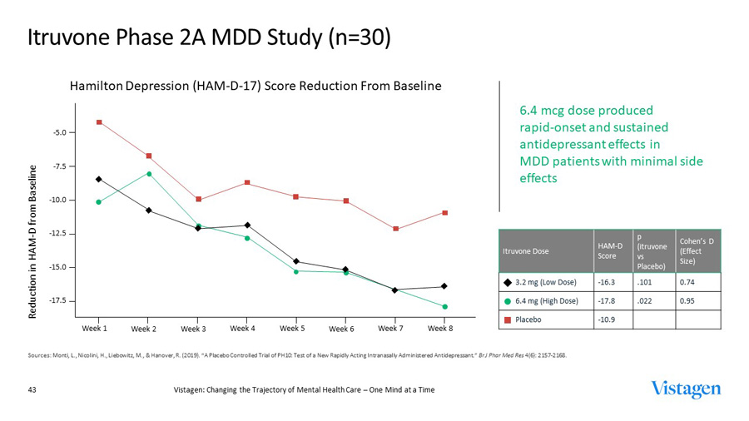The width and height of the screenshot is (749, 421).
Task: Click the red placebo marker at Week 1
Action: tap(99, 122)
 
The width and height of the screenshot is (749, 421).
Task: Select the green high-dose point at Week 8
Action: tap(444, 307)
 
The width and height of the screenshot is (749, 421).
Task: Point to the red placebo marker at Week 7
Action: tap(395, 229)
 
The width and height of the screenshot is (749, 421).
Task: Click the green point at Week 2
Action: tap(149, 174)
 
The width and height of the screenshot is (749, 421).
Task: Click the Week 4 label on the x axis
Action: tap(243, 328)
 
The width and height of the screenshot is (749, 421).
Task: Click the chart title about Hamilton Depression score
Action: tap(255, 87)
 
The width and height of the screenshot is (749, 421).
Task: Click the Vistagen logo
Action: tap(687, 389)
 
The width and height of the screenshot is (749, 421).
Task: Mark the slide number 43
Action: tap(34, 389)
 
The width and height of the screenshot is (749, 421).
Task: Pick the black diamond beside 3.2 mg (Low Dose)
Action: tap(506, 282)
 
